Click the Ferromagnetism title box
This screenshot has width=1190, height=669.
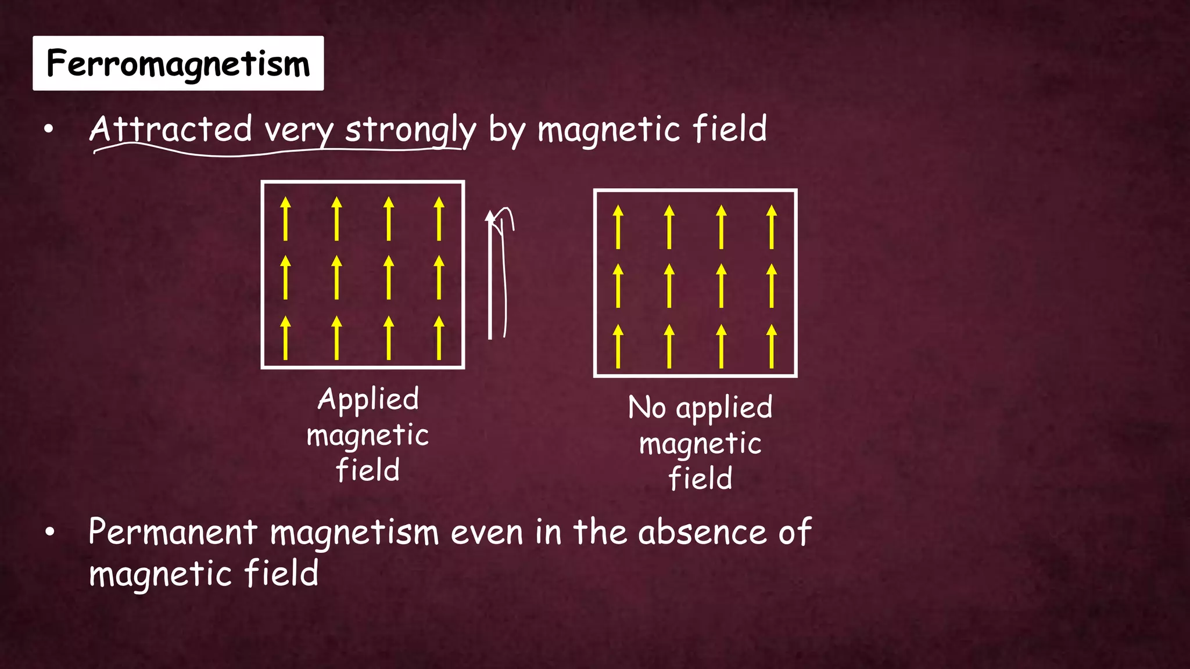[x=178, y=63]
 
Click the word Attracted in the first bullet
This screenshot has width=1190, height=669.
[x=171, y=129]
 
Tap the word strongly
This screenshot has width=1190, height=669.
[x=410, y=130]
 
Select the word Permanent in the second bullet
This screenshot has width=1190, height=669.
[x=173, y=532]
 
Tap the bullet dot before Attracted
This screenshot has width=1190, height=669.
[x=49, y=130]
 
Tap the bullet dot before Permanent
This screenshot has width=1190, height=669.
[x=49, y=532]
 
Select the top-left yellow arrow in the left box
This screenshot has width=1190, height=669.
[x=285, y=219]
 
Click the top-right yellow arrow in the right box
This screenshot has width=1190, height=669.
[x=772, y=227]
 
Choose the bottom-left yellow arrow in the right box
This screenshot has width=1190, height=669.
[x=618, y=346]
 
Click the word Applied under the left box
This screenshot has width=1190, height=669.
[x=368, y=400]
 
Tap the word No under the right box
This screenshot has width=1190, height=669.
[x=647, y=408]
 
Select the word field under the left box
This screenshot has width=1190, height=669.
[x=368, y=470]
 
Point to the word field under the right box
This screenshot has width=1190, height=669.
[x=700, y=479]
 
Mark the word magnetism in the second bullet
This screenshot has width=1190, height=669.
[x=354, y=533]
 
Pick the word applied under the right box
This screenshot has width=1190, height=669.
[x=725, y=408]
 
